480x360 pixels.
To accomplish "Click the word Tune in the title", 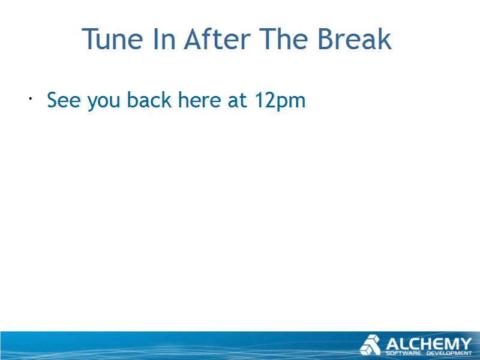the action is coord(112,39).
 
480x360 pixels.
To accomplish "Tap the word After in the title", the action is coord(217,38).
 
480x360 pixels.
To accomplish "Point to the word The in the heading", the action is coord(283,38).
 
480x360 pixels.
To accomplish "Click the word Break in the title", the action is coord(355,38).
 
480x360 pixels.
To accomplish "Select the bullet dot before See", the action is coord(31,98).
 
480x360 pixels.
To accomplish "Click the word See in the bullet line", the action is coord(64,100).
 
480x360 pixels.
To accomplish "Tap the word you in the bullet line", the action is coord(104,102).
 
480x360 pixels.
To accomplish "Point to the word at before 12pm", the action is coord(237,100).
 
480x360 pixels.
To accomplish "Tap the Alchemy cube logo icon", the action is coord(370,345).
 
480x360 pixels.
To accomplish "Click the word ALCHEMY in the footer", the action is coord(428,344).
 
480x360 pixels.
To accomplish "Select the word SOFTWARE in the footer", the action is coord(403,353).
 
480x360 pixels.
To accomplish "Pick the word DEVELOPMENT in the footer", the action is coord(449,353).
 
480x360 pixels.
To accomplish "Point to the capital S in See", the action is coord(52,100).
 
